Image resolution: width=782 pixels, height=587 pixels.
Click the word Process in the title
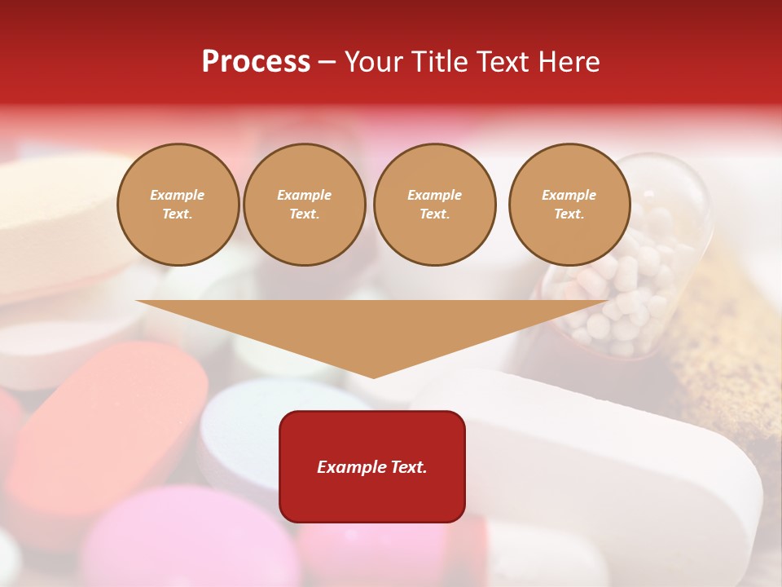click(256, 62)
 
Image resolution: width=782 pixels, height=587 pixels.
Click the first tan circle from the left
click(178, 205)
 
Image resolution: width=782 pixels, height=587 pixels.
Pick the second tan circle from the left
click(305, 205)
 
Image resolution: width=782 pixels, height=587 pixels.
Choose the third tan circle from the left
click(434, 205)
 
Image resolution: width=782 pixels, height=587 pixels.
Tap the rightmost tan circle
click(569, 205)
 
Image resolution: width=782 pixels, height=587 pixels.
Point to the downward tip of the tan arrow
click(373, 376)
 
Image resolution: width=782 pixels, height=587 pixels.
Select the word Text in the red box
click(411, 467)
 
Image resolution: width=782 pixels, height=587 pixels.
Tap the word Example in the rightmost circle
click(569, 195)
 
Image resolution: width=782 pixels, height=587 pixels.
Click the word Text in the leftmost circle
click(177, 214)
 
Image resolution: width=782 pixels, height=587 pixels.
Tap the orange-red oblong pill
click(106, 424)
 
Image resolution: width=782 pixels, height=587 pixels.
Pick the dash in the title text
click(327, 62)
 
